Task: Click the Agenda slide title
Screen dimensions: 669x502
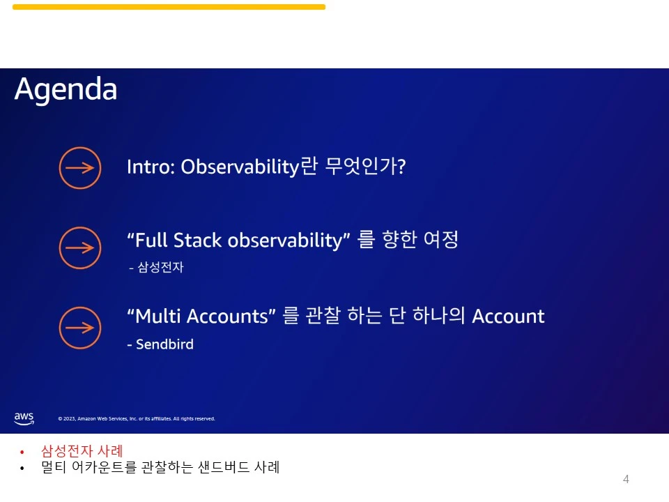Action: pos(66,90)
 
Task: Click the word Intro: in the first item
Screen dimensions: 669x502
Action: pos(151,167)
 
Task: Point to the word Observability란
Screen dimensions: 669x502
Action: pos(249,167)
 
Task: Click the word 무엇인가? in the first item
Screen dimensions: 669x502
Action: pos(365,166)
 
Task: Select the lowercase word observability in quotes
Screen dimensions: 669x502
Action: pos(289,241)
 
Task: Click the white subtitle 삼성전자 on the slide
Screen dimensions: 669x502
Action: pos(160,267)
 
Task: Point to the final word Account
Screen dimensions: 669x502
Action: pos(508,317)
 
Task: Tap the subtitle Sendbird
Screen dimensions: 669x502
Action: pos(164,344)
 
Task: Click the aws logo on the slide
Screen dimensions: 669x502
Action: pos(24,418)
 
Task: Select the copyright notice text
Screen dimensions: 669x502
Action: pos(137,419)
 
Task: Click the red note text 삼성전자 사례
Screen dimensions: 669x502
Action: pos(82,451)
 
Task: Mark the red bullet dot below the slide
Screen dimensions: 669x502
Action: pos(22,452)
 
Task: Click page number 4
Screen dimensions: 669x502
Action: pos(626,479)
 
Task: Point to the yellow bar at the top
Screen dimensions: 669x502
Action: pos(169,7)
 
